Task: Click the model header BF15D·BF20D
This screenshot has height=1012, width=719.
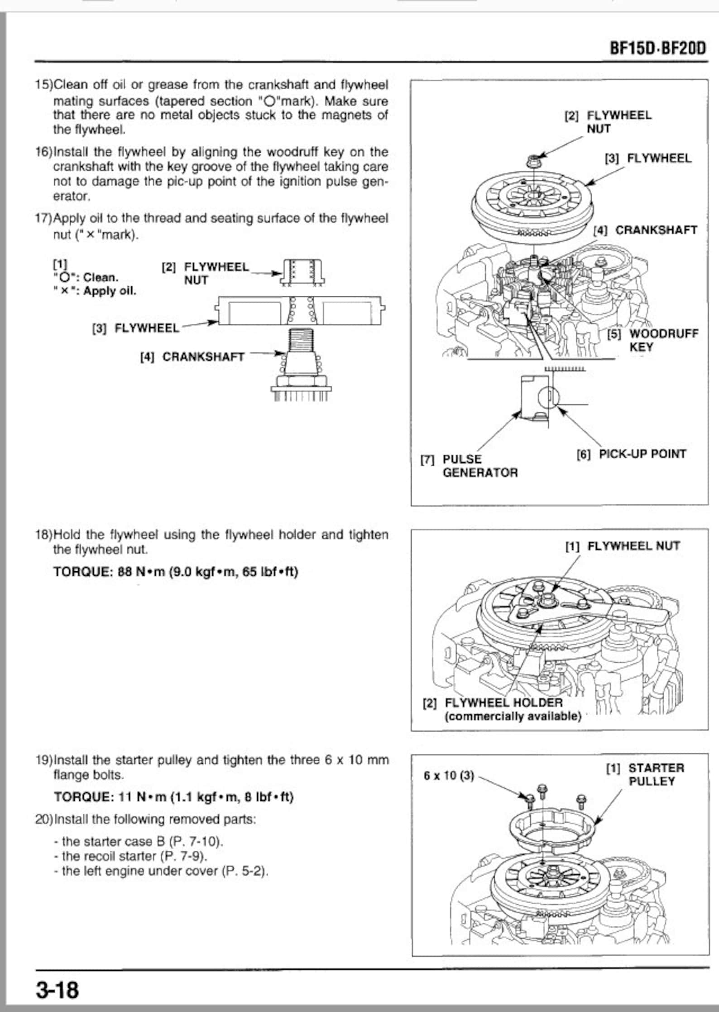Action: coord(657,48)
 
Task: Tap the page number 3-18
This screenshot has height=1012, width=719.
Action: coord(58,990)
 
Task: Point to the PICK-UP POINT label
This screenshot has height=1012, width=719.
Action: coord(632,454)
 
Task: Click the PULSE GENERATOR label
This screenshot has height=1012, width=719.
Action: coord(469,466)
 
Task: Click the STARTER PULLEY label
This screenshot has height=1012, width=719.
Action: coord(646,775)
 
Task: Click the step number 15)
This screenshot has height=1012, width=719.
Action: coord(44,85)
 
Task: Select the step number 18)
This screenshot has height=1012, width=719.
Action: coord(44,535)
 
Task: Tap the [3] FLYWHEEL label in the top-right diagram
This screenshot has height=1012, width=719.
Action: coord(648,158)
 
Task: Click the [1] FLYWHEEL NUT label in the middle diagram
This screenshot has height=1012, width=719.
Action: coord(623,546)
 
